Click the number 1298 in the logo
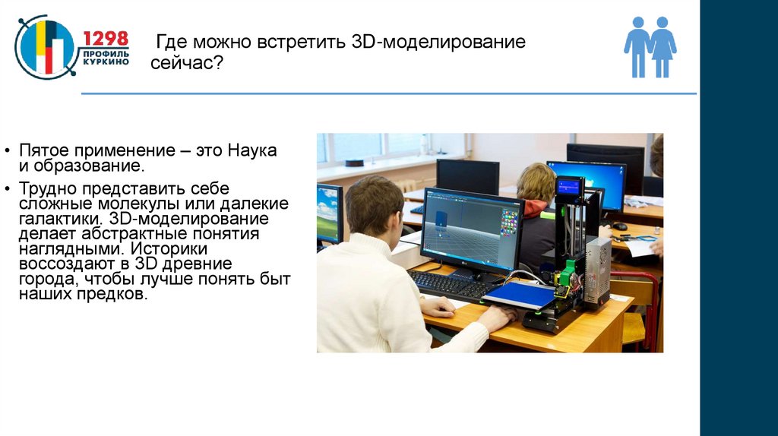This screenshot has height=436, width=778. pos(105,39)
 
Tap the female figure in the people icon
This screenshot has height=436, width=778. pos(663,46)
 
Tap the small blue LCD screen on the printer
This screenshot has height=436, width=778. pos(569,187)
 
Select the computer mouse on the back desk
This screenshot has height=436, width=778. pos(620,226)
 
